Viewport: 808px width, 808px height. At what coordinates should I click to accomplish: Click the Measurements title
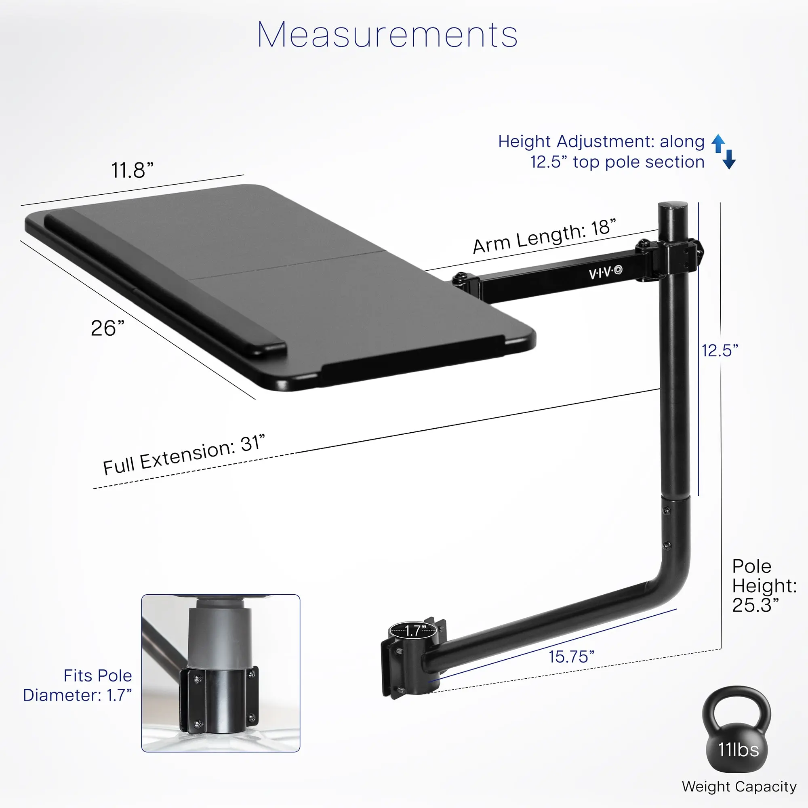388,35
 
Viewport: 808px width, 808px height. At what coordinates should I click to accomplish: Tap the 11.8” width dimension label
132,170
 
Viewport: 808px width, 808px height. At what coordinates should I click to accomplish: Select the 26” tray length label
107,328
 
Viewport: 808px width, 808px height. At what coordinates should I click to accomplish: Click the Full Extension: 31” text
184,455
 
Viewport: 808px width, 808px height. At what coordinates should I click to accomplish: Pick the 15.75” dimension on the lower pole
571,656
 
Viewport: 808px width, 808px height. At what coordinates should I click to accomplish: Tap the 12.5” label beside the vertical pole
720,350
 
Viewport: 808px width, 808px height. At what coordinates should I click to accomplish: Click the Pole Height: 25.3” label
764,585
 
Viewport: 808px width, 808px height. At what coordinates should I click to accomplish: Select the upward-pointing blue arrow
718,143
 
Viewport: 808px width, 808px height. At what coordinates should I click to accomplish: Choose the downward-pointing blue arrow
729,159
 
